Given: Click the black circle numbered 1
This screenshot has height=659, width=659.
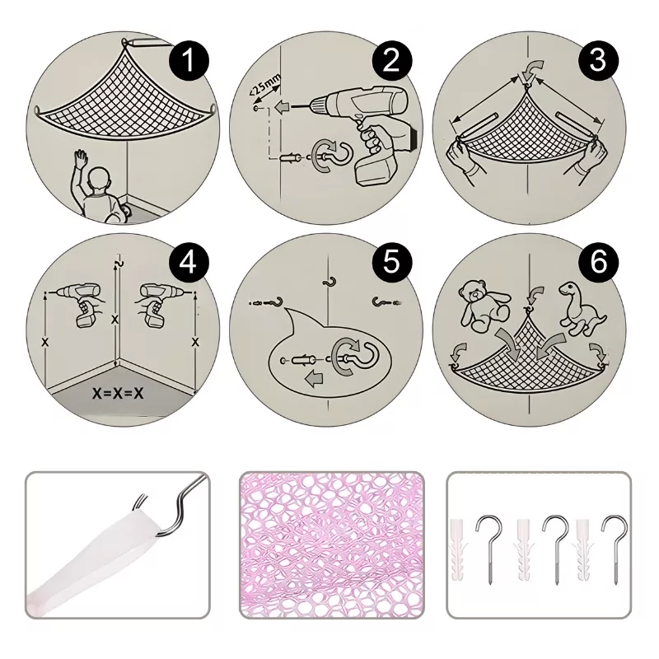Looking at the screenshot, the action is point(189,60).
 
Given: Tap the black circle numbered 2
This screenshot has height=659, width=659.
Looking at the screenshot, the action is point(392,60).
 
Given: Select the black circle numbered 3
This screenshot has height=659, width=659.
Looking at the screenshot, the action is point(598,60).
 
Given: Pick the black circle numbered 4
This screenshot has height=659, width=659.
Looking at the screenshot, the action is point(189,264).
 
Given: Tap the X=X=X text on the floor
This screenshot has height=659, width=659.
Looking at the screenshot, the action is point(118,393).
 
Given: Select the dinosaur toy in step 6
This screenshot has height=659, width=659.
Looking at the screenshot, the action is point(582,309).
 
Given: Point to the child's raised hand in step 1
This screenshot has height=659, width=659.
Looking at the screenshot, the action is point(81,159).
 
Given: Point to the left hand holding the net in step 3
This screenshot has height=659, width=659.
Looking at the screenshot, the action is point(465,161).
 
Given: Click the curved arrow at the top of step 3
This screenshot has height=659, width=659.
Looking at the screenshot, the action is point(534,68).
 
